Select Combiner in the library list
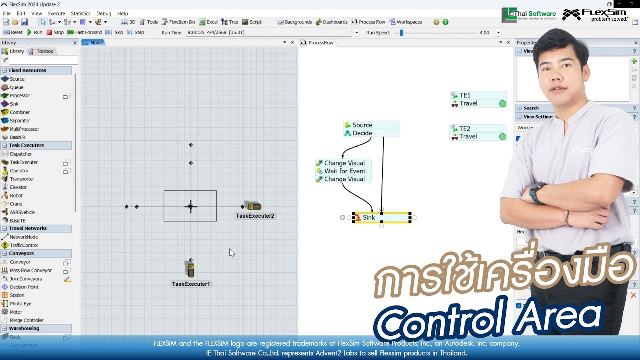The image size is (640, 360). (19, 112)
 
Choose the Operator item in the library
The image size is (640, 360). (19, 171)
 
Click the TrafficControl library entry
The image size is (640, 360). (23, 245)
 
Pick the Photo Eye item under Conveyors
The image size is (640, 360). (20, 304)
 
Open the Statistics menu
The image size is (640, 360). (80, 14)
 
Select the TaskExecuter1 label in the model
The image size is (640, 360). (191, 284)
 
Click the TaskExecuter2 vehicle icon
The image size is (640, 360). (253, 206)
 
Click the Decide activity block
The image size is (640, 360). (362, 133)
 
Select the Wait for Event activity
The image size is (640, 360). (344, 171)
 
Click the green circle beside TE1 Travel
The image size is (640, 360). (502, 104)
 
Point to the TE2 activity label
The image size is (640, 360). (465, 129)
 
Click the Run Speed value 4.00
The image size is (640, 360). (484, 33)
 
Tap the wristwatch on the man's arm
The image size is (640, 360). (536, 192)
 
